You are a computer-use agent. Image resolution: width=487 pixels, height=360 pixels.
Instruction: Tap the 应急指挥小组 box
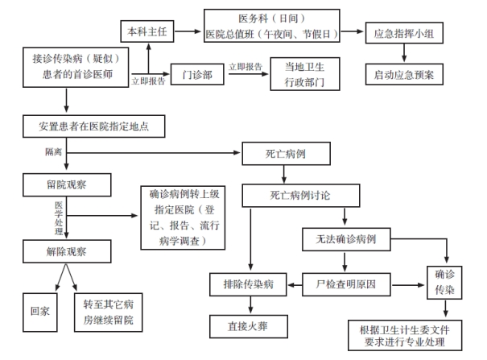tap(404, 35)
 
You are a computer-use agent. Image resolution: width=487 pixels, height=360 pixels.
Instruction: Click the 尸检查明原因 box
tap(346, 283)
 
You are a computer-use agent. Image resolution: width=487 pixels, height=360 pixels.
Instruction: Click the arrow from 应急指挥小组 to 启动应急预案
tap(404, 56)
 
